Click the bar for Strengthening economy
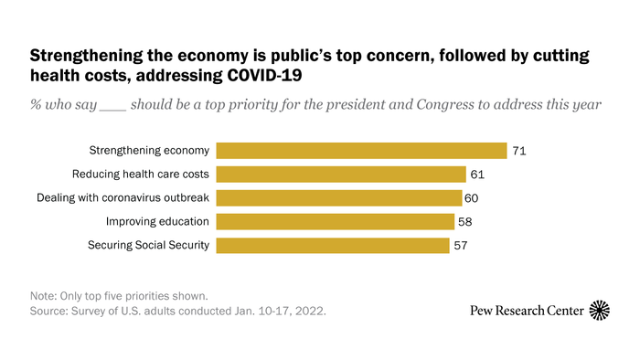361,151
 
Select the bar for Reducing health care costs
341,175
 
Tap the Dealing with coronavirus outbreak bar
339,197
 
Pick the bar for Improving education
336,221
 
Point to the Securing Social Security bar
333,245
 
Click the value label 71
519,152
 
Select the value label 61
477,175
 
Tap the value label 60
472,198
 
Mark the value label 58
464,222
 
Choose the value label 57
461,246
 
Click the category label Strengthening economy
149,151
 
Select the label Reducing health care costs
141,175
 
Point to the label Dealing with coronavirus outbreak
123,197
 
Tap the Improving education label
157,222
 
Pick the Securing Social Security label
148,245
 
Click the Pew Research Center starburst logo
600,311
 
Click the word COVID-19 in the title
264,76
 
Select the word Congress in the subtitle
445,105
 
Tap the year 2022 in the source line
309,311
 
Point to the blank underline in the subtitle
113,110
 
